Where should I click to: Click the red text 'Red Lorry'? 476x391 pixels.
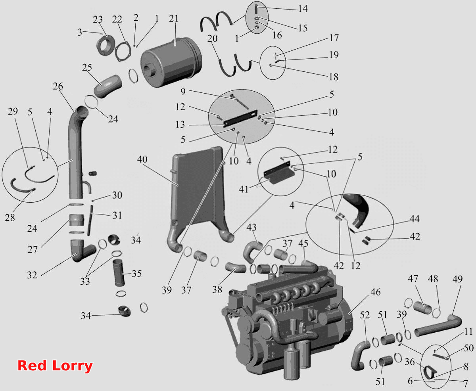[x=55, y=365]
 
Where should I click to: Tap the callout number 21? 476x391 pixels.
[x=174, y=18]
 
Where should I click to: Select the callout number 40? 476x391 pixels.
[x=142, y=159]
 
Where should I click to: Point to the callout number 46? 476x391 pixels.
[x=376, y=292]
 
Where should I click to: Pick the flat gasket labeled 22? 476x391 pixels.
[x=123, y=52]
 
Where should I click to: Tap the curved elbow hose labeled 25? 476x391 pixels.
[x=108, y=86]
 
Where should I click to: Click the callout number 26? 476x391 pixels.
[x=58, y=86]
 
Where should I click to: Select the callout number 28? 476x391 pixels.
[x=10, y=217]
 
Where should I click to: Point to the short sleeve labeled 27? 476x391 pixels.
[x=77, y=220]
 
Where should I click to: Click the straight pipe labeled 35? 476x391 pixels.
[x=119, y=273]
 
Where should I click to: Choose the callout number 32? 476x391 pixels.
[x=32, y=275]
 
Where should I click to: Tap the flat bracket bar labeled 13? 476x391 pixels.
[x=240, y=119]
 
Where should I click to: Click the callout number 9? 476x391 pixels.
[x=183, y=91]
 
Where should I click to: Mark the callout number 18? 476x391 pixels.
[x=333, y=77]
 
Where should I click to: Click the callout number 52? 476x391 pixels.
[x=365, y=315]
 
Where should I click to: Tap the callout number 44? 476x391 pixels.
[x=415, y=218]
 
